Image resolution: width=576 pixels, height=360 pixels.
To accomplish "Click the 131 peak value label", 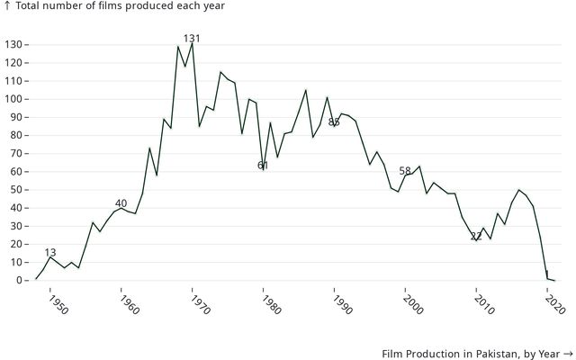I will tap(192, 38).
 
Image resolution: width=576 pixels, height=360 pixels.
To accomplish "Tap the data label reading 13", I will tap(50, 253).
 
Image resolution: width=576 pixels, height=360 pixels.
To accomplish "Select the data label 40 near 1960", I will tap(121, 203).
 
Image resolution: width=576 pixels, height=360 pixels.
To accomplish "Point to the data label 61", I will tap(263, 166).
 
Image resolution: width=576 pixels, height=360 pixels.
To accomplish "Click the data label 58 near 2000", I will tap(405, 171).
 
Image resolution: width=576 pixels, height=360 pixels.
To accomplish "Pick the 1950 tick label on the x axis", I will tap(56, 305).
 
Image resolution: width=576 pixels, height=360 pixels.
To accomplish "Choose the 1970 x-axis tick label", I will tap(199, 305).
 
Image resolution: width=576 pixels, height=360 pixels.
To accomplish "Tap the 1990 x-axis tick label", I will tap(341, 305).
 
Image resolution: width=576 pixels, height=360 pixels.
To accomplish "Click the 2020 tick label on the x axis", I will tap(554, 305).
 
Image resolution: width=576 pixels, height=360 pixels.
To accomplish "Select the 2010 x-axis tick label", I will tap(483, 305).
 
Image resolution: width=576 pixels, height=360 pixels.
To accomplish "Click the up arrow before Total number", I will tap(7, 6).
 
